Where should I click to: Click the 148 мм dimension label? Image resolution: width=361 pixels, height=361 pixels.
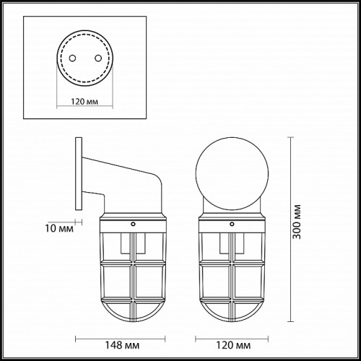click(x=122, y=345)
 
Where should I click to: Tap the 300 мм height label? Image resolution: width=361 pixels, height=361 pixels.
click(x=297, y=222)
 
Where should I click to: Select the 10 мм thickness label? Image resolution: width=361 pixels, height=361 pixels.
click(x=59, y=228)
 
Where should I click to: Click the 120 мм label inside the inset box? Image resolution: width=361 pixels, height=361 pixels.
click(x=84, y=102)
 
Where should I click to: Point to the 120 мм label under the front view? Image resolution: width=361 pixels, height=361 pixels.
click(x=233, y=345)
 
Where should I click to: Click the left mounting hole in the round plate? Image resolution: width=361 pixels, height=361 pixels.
click(x=72, y=58)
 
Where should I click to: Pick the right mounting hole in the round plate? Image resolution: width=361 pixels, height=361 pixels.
click(x=98, y=58)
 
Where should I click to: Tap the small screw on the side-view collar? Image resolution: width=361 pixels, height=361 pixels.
click(x=133, y=224)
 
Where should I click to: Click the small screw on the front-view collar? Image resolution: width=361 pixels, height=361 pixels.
click(x=232, y=224)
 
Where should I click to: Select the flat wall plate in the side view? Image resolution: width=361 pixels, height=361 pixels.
click(x=79, y=173)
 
